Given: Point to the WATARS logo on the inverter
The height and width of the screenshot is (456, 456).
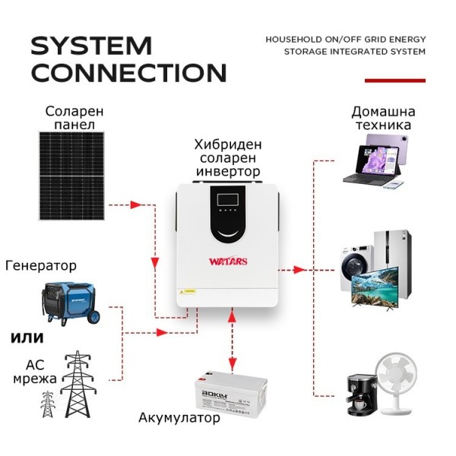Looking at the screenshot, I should point(228,262).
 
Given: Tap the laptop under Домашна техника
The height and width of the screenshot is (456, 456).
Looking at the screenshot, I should point(372,159).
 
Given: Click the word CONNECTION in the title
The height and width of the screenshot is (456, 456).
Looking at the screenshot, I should point(128,73).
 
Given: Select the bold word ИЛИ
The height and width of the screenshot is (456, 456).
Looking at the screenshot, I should point(27,337).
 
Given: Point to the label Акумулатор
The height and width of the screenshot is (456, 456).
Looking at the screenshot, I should point(179,418).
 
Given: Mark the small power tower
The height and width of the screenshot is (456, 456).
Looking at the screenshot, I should point(48,404).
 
